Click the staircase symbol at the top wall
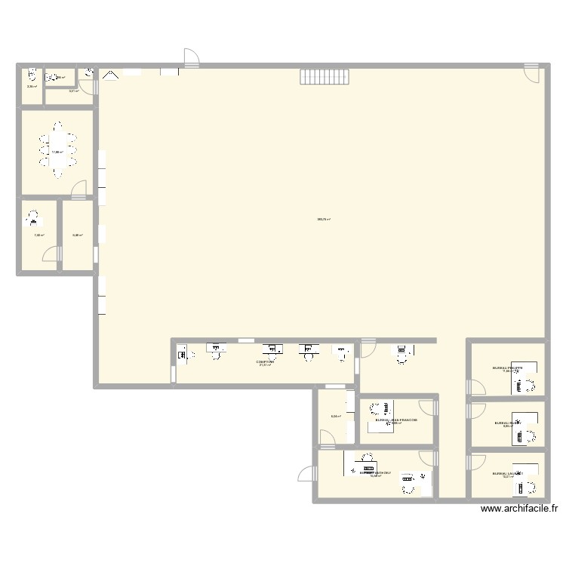click(x=324, y=77)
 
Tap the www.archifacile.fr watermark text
click(x=519, y=509)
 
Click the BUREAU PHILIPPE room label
click(x=507, y=368)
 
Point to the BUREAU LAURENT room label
click(x=506, y=473)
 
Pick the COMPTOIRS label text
click(x=265, y=361)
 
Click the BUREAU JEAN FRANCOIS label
click(x=392, y=419)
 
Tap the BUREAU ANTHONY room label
click(x=374, y=472)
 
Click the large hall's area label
click(x=324, y=220)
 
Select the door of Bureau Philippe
click(x=475, y=387)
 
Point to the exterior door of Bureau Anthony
click(x=308, y=473)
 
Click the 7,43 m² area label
click(x=38, y=235)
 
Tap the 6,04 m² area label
click(x=336, y=416)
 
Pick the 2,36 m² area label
click(x=32, y=87)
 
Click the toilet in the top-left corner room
click(x=32, y=75)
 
